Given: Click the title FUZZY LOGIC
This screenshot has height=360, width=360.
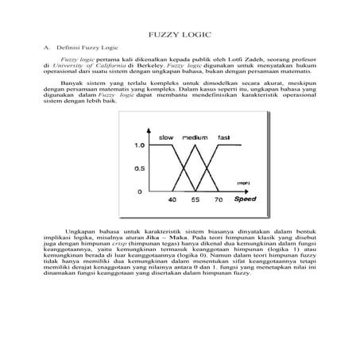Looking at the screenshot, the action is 179,37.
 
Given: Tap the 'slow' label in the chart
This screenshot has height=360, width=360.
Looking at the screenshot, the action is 166,137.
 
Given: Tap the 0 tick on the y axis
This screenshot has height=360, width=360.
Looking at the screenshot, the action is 141,192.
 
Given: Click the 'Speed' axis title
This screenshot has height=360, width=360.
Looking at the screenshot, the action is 239,199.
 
